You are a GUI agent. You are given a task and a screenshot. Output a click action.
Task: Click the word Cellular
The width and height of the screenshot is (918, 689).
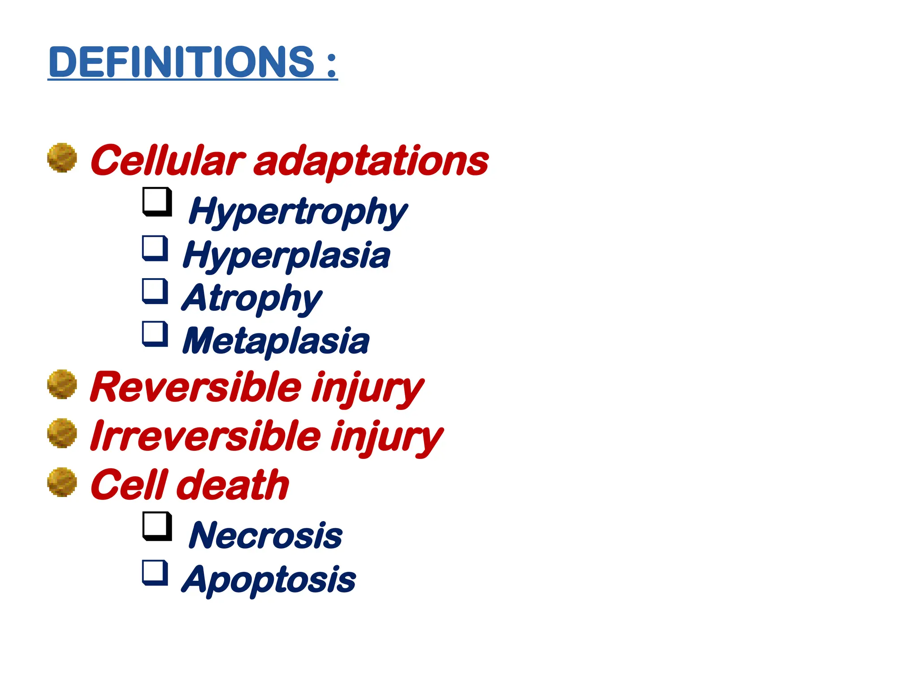(168, 161)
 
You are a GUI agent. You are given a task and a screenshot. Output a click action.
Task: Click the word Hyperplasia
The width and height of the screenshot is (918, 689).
(286, 255)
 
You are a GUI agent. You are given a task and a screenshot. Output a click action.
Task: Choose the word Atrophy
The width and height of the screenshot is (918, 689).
(251, 298)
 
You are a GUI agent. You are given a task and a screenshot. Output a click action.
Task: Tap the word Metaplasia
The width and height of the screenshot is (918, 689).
(276, 341)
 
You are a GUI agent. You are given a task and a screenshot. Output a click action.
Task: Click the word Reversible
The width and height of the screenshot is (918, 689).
(196, 388)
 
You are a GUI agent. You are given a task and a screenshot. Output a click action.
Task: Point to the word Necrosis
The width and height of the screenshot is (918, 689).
(266, 536)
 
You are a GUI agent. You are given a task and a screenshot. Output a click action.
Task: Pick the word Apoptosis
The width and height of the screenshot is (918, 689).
(268, 580)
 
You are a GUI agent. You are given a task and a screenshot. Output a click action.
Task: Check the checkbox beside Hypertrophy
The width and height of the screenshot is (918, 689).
(157, 201)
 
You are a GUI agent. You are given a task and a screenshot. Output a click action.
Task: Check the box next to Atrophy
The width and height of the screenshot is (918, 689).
(155, 291)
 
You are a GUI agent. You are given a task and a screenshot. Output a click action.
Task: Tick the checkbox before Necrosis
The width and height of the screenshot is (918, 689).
(157, 526)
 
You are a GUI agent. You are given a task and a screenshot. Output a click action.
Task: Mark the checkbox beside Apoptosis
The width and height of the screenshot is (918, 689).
(155, 572)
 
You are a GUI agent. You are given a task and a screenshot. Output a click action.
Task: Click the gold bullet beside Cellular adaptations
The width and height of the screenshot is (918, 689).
(62, 157)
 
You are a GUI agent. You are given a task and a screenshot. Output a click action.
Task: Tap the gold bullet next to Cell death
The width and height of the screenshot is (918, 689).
(62, 482)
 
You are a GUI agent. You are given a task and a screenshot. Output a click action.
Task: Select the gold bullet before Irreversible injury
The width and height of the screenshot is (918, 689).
(62, 433)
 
